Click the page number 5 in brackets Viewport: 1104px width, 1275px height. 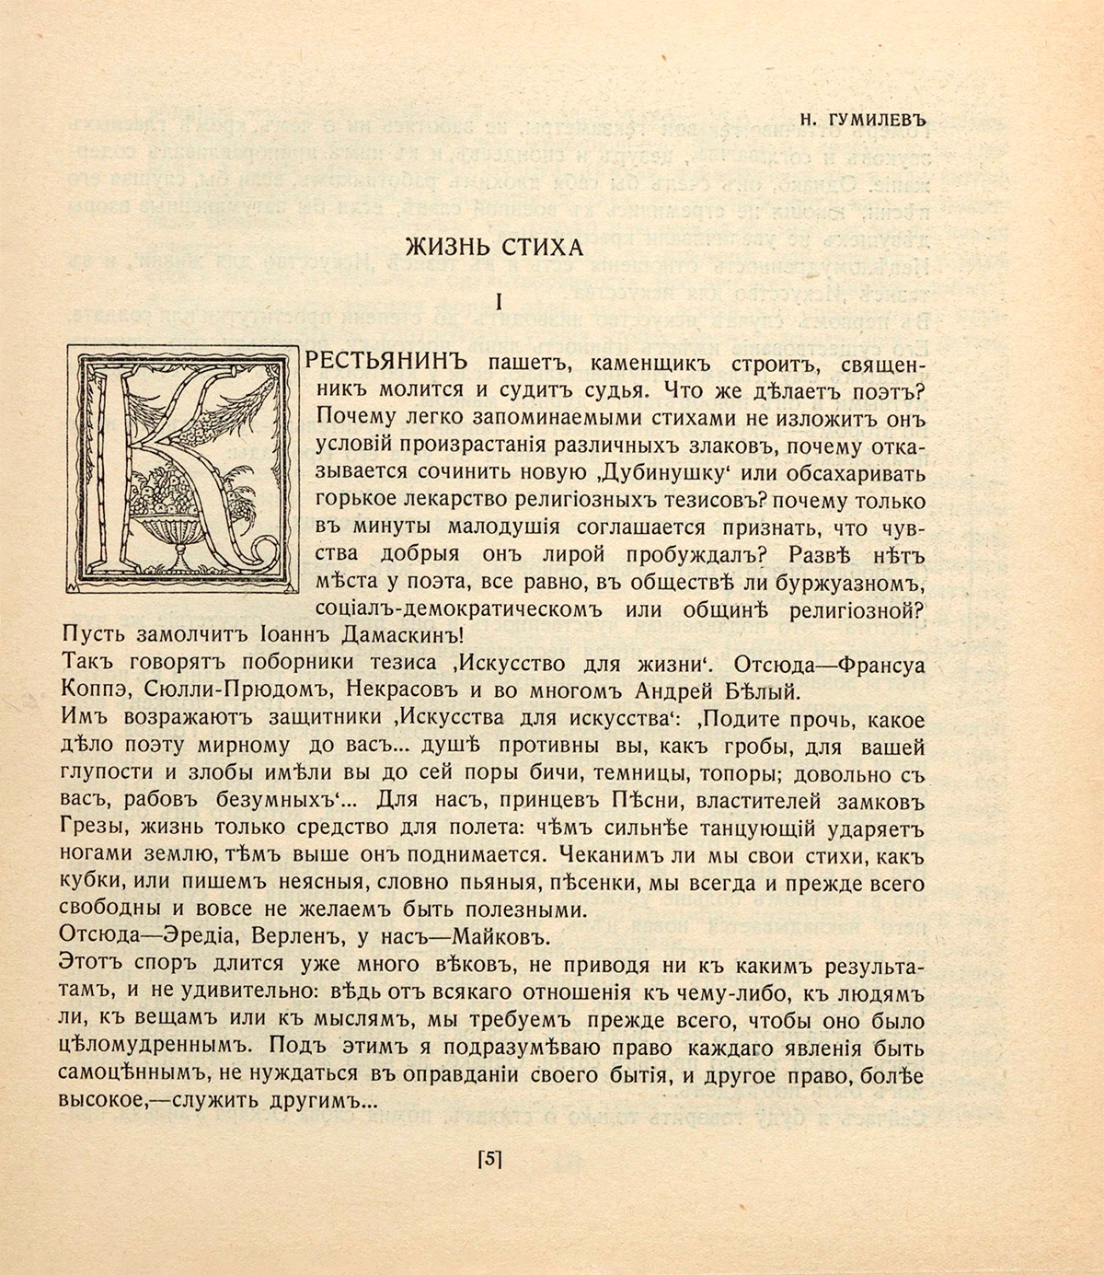tap(489, 1160)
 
